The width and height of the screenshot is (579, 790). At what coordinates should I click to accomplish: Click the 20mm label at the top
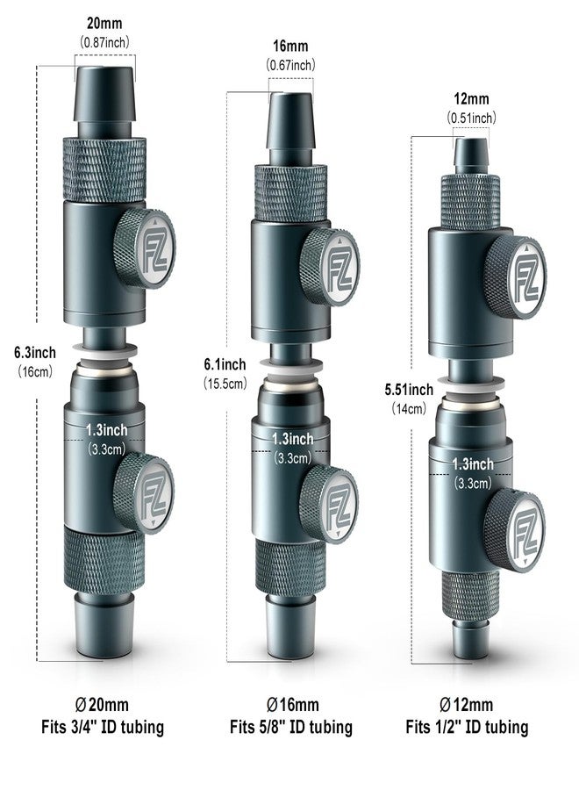(x=105, y=24)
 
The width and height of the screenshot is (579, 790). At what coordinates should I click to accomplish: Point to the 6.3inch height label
(x=35, y=352)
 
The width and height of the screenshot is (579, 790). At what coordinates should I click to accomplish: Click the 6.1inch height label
(x=225, y=364)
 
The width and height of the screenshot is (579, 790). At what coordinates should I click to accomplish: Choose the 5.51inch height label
(x=409, y=390)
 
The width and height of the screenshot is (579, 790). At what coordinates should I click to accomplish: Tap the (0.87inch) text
(x=105, y=40)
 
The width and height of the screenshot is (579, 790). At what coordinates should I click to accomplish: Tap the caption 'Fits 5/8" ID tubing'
(x=291, y=727)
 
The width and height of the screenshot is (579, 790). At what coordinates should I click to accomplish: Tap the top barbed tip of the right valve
(x=471, y=154)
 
